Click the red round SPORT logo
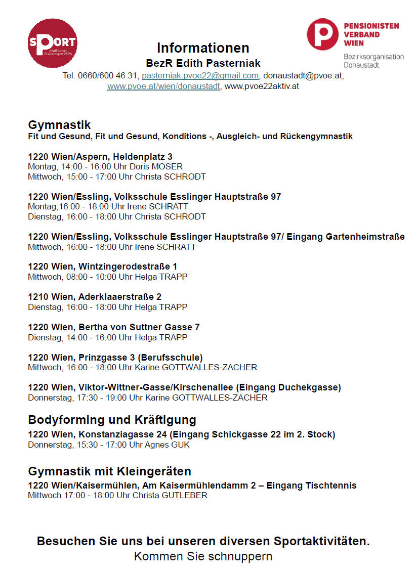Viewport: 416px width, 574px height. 53,43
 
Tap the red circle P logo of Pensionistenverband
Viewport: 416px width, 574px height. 322,34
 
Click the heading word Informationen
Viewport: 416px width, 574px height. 203,48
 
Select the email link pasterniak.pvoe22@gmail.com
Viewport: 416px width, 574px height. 200,76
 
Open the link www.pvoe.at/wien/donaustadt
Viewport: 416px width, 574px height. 164,86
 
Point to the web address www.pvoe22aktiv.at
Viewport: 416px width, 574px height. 262,86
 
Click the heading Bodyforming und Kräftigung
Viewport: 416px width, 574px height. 112,420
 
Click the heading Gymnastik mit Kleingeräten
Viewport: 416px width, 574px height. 109,471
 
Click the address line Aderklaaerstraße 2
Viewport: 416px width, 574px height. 120,297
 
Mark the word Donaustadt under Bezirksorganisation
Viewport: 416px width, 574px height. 362,65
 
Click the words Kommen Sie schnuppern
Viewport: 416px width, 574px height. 203,556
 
